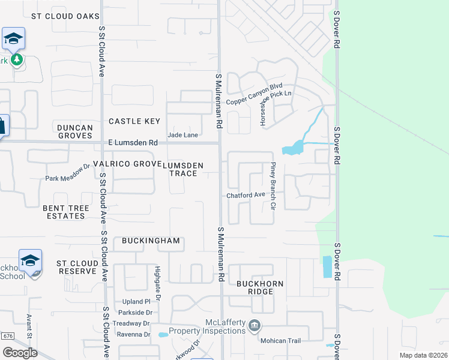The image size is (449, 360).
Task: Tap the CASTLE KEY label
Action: click(134, 121)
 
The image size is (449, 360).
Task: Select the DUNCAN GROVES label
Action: click(75, 132)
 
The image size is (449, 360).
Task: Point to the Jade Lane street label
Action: click(183, 135)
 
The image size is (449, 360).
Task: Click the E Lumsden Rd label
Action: click(133, 143)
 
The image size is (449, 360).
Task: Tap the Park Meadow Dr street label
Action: click(67, 178)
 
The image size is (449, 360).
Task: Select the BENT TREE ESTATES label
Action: click(66, 212)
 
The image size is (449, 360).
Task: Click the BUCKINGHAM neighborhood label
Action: click(151, 241)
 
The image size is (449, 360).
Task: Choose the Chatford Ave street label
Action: click(246, 195)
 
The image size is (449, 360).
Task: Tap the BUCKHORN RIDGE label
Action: click(263, 287)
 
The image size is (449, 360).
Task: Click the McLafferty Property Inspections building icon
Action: click(255, 325)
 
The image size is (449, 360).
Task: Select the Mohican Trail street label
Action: click(279, 340)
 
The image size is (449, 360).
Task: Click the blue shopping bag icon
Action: click(2, 127)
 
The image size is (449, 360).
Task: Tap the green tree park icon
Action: click(17, 59)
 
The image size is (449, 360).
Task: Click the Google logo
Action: click(20, 352)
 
